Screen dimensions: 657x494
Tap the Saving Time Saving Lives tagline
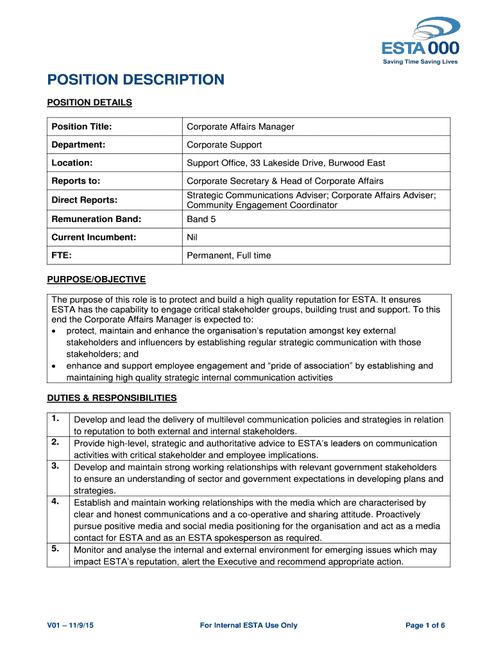pos(420,62)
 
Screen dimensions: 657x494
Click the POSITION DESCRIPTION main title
pos(136,80)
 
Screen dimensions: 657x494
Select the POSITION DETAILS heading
pos(90,103)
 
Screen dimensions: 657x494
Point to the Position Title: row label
pos(81,127)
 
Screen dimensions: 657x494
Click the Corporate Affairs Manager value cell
pos(240,127)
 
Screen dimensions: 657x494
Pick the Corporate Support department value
pos(224,145)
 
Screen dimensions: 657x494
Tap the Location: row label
pos(72,163)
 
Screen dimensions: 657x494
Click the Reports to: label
pos(76,182)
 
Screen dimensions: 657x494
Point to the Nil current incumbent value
pos(192,237)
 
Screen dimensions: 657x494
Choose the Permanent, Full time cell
pos(228,255)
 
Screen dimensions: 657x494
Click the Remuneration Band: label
pos(96,219)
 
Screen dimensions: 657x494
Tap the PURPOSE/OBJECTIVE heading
pos(97,280)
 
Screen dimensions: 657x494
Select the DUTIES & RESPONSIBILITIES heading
pos(112,398)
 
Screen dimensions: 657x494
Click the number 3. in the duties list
pos(56,466)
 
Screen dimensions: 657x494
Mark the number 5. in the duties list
pos(56,549)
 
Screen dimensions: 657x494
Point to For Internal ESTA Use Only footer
pos(248,626)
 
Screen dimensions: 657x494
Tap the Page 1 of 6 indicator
pos(425,626)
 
